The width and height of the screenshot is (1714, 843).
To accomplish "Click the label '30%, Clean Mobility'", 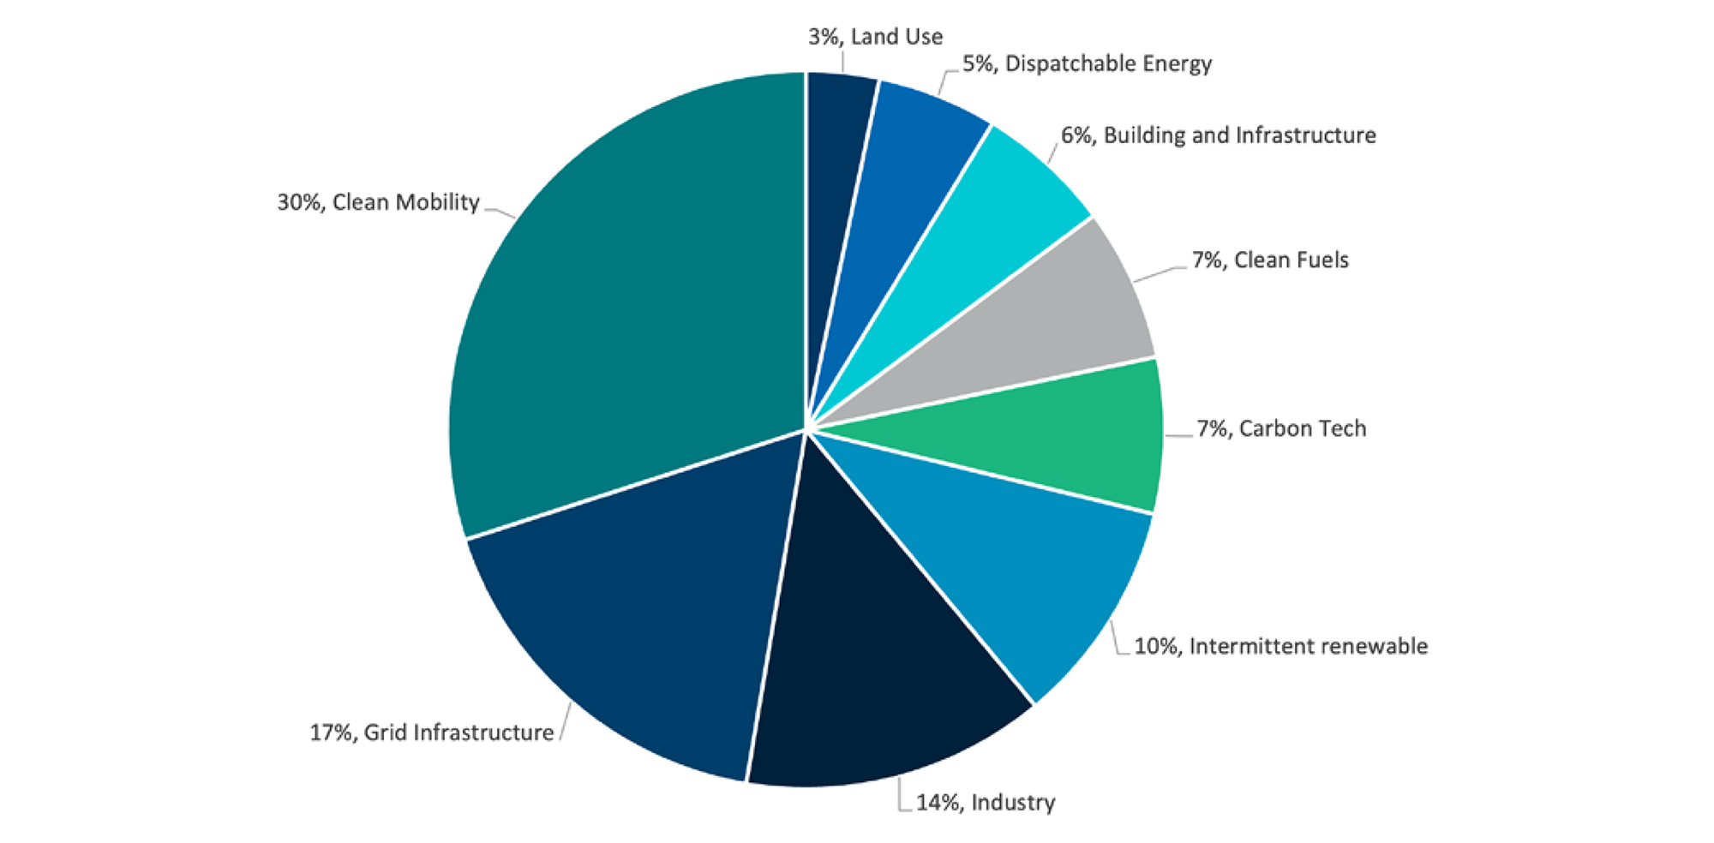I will [x=378, y=202].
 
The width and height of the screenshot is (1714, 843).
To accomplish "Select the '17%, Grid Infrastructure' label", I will [x=431, y=732].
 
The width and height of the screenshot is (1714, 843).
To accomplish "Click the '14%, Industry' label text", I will [x=986, y=803].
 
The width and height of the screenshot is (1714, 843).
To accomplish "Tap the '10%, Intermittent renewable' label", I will [x=1280, y=646].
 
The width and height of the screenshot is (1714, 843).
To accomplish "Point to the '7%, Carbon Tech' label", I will [x=1281, y=428].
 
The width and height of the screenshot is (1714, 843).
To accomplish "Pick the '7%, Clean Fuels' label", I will [x=1270, y=260].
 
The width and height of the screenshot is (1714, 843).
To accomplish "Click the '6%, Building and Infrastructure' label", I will [x=1218, y=135].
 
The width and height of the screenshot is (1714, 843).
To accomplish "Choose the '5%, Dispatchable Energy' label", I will [x=1087, y=63].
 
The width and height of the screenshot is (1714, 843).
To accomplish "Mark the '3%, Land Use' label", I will [x=875, y=37].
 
